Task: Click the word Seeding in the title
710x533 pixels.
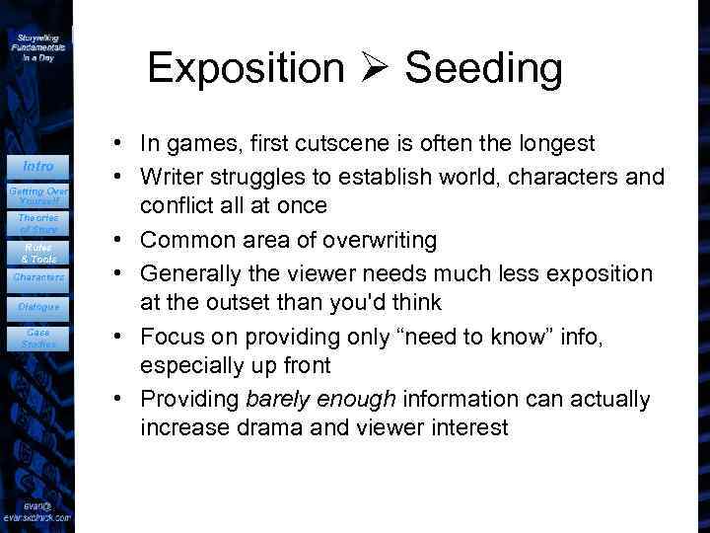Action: click(483, 69)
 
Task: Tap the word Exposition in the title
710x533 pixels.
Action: click(246, 69)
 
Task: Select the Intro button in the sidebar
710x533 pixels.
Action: click(38, 166)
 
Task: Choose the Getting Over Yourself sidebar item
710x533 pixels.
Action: click(38, 193)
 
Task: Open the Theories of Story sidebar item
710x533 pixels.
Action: click(38, 223)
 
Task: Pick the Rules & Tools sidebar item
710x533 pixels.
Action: click(38, 253)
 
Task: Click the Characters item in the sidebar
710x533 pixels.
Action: click(38, 277)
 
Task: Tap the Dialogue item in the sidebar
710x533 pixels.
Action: click(38, 307)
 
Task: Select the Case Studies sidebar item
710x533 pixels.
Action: click(38, 339)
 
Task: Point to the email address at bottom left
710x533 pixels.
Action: click(36, 510)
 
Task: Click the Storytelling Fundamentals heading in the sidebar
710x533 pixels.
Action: click(38, 45)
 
